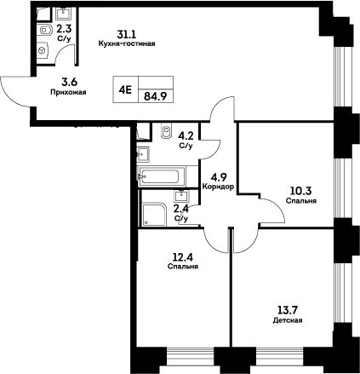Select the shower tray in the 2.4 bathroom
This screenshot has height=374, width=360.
click(154, 216)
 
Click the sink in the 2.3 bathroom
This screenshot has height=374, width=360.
click(63, 13)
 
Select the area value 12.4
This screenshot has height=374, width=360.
click(182, 257)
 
